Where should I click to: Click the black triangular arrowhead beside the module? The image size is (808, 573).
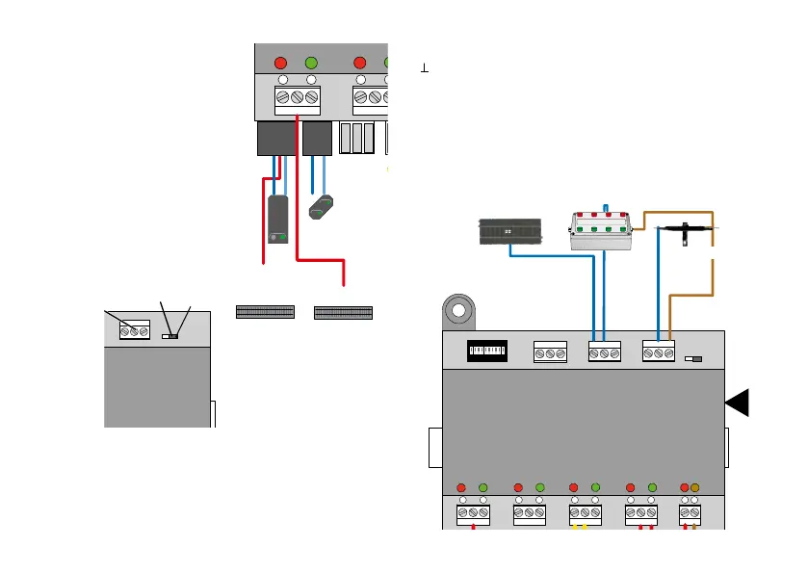[x=739, y=404]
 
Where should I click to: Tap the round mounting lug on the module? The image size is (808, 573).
[x=460, y=313]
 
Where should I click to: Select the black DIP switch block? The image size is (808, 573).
[x=485, y=352]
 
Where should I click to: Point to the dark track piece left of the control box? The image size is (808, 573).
[x=510, y=232]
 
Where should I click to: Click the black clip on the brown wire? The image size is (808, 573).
[x=686, y=231]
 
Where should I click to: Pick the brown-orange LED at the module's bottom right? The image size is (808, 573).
[x=694, y=487]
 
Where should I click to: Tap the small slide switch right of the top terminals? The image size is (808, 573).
[x=691, y=358]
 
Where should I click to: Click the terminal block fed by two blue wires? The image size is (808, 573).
[x=603, y=353]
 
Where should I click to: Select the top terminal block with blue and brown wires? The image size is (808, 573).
[x=658, y=353]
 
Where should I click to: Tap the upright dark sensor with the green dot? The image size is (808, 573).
[x=278, y=219]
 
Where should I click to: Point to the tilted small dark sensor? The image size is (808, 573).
[x=323, y=206]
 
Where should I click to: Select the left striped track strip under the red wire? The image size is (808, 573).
[x=265, y=312]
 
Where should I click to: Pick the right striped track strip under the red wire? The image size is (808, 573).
[x=343, y=312]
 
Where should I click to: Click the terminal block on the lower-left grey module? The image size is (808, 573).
[x=134, y=331]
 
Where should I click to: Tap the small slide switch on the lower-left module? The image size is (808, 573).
[x=170, y=336]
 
